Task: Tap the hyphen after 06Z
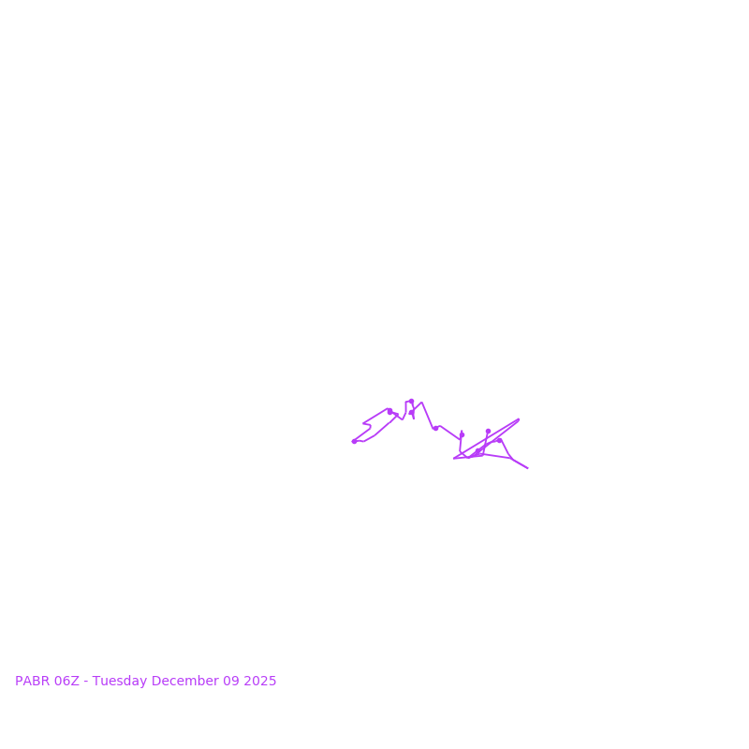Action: tap(86, 682)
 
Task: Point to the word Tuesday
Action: tap(119, 682)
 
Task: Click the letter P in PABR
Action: tap(19, 682)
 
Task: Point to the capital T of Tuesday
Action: tap(95, 682)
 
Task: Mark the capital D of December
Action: tap(155, 682)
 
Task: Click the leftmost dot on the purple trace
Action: tap(354, 441)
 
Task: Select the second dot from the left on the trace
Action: tap(389, 411)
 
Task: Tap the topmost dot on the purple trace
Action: tap(411, 402)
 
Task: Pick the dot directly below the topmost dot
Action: tap(411, 412)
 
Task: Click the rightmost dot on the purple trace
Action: tap(499, 440)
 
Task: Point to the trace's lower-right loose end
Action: tap(528, 468)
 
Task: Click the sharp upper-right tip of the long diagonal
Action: tap(519, 419)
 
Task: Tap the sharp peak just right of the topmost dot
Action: tap(422, 403)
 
